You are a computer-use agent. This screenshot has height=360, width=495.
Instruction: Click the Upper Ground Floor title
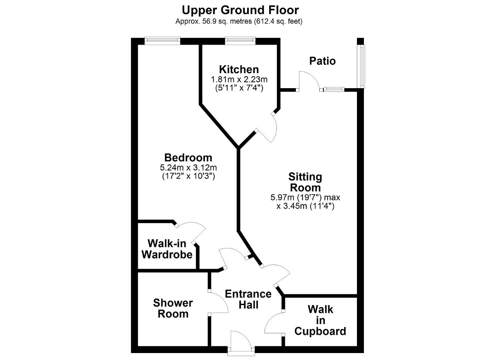240,10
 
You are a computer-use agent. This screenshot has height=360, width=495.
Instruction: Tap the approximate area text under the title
239,21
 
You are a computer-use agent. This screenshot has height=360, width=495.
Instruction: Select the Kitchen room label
239,69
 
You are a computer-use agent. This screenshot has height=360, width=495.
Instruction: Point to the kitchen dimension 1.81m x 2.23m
239,79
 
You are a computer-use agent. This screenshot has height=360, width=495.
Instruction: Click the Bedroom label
188,158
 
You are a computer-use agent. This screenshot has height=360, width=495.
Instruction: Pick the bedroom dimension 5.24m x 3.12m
188,167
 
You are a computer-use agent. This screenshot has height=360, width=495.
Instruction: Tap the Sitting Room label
305,182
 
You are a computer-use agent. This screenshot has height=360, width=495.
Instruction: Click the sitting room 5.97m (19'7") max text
305,197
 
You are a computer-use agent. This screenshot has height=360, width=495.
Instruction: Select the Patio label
323,61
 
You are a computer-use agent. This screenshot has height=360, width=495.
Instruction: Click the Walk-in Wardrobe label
167,249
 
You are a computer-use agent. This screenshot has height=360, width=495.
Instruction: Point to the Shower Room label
173,308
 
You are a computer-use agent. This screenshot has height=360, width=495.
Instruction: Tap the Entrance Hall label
248,299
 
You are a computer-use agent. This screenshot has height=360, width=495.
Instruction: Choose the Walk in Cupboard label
320,320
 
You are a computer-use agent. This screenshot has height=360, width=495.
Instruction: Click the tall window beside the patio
362,66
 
